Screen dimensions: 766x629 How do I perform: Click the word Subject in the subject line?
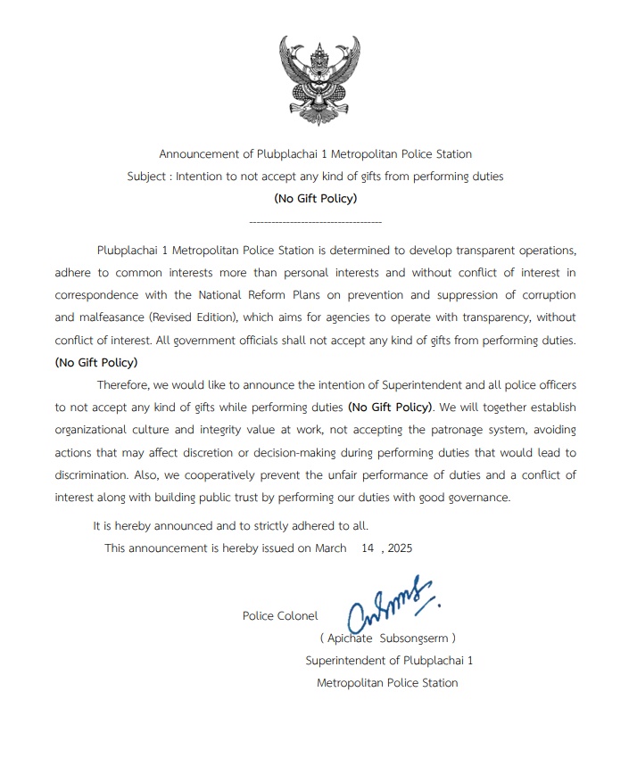coord(147,177)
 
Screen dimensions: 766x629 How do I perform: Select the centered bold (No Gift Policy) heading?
coord(315,198)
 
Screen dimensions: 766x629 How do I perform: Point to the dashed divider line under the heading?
coord(315,220)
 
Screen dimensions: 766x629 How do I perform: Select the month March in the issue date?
coord(330,548)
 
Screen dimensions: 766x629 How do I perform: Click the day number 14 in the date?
coord(368,548)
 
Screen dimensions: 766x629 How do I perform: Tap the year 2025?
coord(400,548)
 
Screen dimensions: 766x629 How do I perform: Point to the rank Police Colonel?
coord(279,615)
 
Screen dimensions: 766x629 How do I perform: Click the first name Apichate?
coord(351,638)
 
